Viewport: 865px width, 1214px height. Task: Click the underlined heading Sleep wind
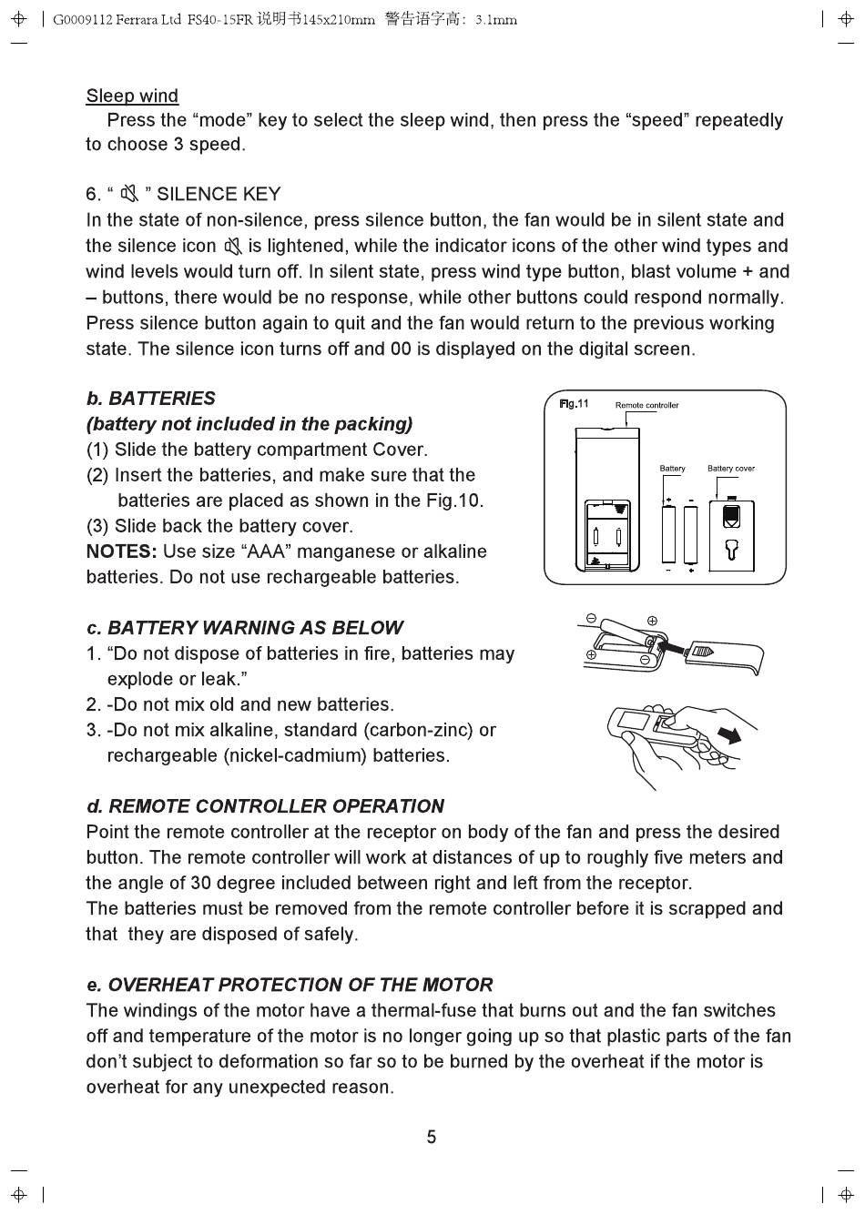coord(132,96)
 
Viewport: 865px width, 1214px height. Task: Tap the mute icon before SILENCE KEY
coord(128,193)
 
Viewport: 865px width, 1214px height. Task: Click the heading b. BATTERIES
coord(151,398)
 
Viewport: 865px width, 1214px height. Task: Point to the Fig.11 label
coord(574,403)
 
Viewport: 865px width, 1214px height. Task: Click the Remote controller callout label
coord(646,405)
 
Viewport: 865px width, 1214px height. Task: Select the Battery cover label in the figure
coord(730,469)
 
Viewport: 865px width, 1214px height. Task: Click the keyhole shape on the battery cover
coord(730,549)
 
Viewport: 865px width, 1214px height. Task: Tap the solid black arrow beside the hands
coord(729,733)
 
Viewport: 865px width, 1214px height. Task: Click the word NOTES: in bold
coord(121,551)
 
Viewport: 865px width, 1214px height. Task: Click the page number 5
coord(432,1137)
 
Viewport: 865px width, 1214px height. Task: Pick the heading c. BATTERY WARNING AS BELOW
coord(245,627)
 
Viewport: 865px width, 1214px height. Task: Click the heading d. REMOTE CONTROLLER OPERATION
coord(265,805)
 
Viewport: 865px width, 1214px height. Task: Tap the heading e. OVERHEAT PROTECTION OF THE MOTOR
coord(290,984)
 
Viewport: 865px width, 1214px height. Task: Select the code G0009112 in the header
coord(83,20)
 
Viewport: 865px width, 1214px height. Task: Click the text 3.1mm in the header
coord(496,20)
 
